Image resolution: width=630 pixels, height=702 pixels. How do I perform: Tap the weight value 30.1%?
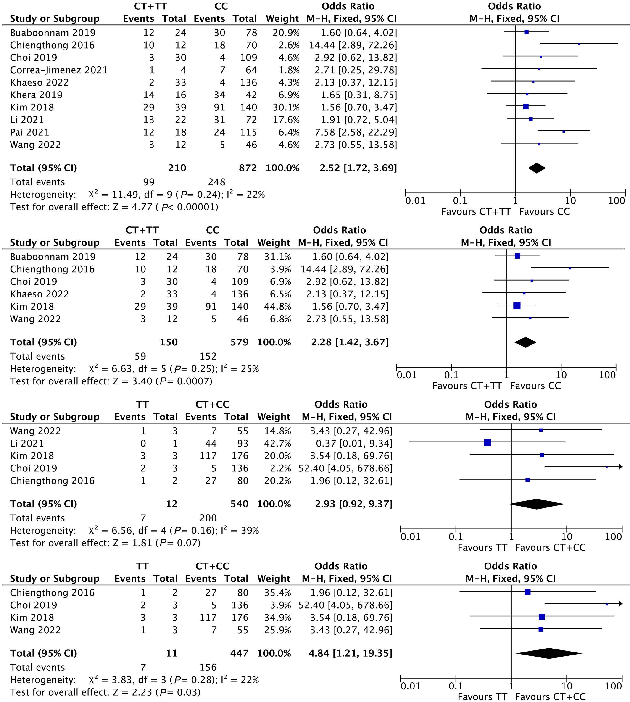pyautogui.click(x=286, y=108)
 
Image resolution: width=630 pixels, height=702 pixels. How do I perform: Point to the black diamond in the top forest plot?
pyautogui.click(x=537, y=168)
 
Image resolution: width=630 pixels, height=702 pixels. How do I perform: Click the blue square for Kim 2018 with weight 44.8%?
pyautogui.click(x=517, y=306)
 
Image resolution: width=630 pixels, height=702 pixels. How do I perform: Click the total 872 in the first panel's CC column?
pyautogui.click(x=248, y=168)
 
